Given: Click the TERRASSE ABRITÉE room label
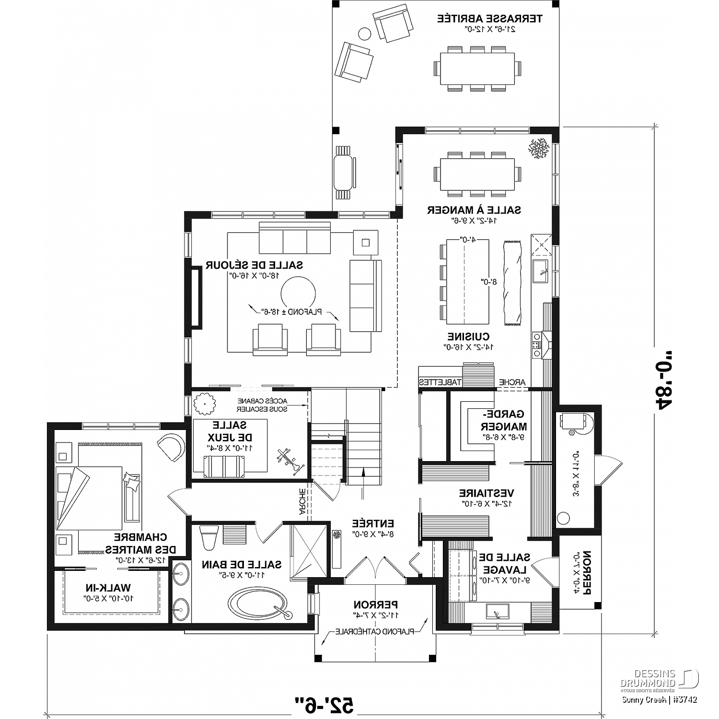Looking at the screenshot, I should tap(489, 19).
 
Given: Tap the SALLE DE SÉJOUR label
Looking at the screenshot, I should tap(254, 265).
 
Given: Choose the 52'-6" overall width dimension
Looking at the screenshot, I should tap(324, 704).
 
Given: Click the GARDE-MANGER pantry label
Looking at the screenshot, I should tap(503, 420).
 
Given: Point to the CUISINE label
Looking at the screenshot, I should tap(468, 336).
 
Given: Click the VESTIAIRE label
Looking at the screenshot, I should tap(487, 493).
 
